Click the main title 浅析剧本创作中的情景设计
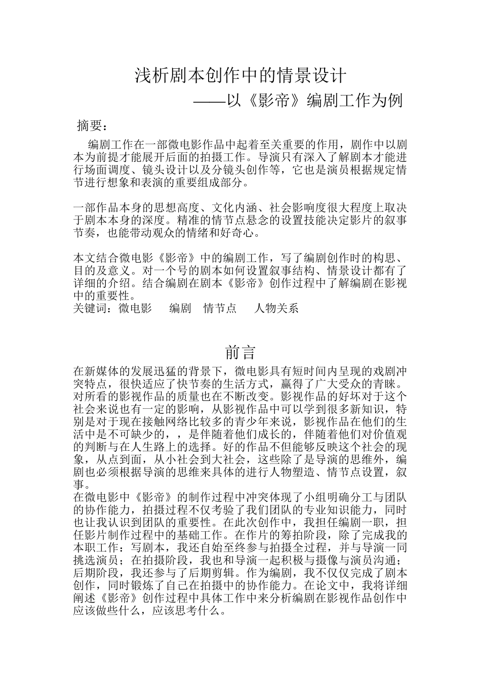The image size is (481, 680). (x=240, y=76)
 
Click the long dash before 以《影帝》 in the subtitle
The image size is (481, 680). (x=210, y=101)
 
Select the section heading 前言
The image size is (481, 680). (x=240, y=352)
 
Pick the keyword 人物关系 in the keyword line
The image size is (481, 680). (x=276, y=308)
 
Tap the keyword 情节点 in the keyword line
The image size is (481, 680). (x=220, y=308)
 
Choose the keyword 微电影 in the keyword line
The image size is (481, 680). (x=135, y=308)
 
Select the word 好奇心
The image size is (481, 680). (x=243, y=233)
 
